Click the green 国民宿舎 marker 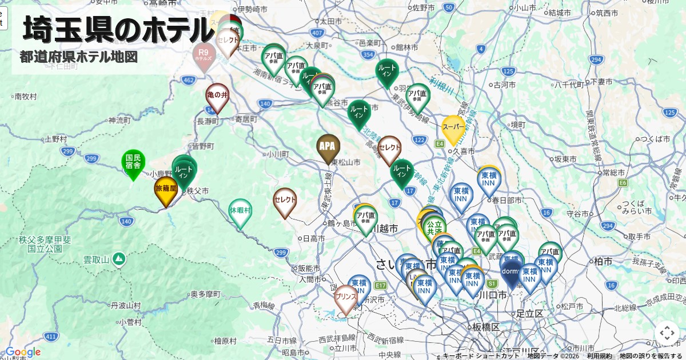[133, 162]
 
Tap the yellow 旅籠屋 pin [166, 189]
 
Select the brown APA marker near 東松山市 [328, 146]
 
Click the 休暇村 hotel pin [240, 211]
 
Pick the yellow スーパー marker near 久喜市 [453, 128]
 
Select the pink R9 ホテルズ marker [204, 56]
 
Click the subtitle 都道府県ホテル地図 [79, 57]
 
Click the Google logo [23, 352]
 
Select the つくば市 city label [655, 139]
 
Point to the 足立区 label [529, 313]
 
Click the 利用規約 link [599, 356]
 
